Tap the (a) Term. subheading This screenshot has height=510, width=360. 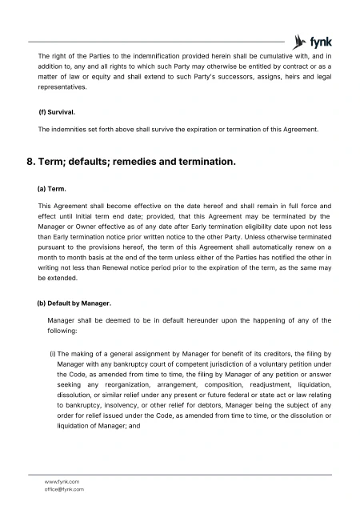click(53, 190)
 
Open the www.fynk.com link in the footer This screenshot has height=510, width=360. click(62, 481)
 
